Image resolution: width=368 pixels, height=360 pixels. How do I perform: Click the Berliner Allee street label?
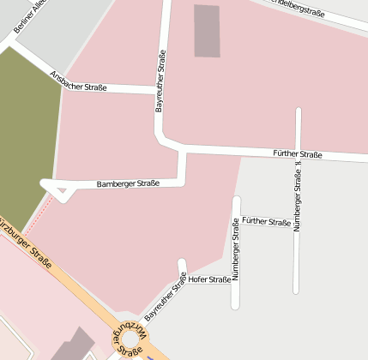(27, 18)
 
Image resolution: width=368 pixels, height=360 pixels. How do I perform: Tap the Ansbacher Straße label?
(78, 81)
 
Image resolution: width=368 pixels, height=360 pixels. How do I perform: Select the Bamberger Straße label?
(129, 183)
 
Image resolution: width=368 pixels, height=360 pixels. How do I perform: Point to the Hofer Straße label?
(209, 279)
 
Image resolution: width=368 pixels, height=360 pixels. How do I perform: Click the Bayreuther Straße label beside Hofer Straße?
(166, 297)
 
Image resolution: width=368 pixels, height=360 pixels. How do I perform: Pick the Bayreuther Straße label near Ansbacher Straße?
(160, 82)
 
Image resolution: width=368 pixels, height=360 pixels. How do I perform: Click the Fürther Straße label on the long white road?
(297, 154)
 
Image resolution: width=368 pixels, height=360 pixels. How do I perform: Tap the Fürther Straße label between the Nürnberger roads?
(266, 222)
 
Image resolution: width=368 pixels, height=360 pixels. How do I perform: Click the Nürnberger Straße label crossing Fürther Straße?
(298, 197)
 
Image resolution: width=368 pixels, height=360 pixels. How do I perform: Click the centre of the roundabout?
(129, 340)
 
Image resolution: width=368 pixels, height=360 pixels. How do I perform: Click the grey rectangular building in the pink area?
(207, 31)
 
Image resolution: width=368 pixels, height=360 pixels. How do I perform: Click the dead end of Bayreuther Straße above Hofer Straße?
(181, 262)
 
